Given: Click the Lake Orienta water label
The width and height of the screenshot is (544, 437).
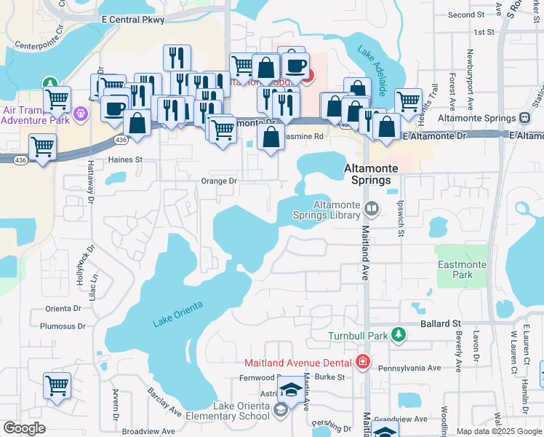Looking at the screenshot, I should pyautogui.click(x=177, y=313).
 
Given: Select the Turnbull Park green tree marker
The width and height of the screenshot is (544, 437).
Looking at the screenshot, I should pyautogui.click(x=398, y=334).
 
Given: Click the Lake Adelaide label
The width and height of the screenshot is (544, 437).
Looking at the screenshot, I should pyautogui.click(x=371, y=71).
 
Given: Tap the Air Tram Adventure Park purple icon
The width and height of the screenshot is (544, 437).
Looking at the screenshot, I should pyautogui.click(x=79, y=113).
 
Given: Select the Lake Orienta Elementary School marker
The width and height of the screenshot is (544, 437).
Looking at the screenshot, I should pyautogui.click(x=280, y=412).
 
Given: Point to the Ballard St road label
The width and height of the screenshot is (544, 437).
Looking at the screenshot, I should pyautogui.click(x=441, y=323).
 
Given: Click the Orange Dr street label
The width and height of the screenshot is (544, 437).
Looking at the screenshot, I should pyautogui.click(x=218, y=181).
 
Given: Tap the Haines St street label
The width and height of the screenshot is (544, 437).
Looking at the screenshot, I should pyautogui.click(x=124, y=159).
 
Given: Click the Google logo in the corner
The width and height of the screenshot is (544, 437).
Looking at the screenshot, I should pyautogui.click(x=24, y=428).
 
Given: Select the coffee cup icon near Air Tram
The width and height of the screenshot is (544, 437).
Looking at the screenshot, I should pyautogui.click(x=115, y=108).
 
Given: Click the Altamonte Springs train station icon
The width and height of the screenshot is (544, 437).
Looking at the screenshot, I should pyautogui.click(x=524, y=118).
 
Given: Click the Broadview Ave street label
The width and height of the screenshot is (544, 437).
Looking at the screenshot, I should pyautogui.click(x=148, y=431).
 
